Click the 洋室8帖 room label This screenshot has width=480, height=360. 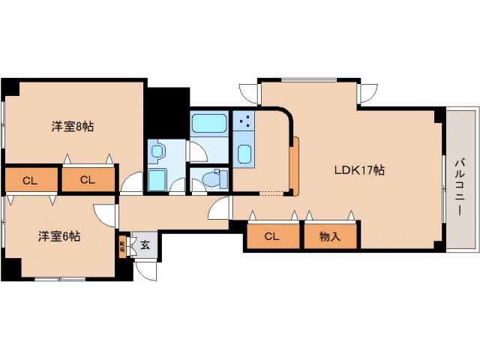[x=72, y=126]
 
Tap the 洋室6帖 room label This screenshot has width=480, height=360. [x=60, y=236]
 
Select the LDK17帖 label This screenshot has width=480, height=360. [x=359, y=169]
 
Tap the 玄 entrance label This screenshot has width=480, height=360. [x=145, y=245]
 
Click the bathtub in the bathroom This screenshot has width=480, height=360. [x=208, y=123]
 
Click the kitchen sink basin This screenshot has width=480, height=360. [x=244, y=154]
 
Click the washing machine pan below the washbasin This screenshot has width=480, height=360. [x=157, y=181]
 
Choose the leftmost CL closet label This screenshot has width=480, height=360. [x=30, y=180]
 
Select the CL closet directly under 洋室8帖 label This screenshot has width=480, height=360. [x=88, y=180]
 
